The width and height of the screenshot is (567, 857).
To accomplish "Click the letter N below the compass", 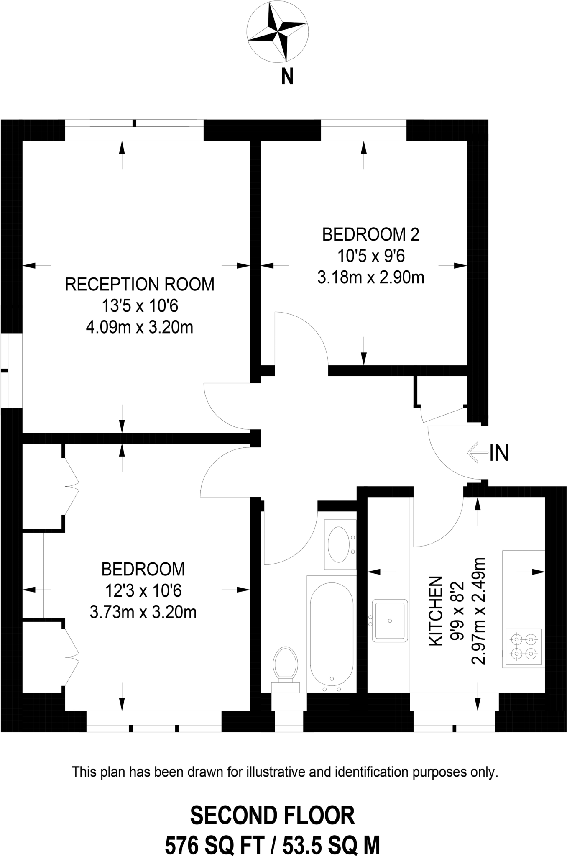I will tap(287, 77).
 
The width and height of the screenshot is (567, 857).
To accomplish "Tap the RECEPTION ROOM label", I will tap(140, 285).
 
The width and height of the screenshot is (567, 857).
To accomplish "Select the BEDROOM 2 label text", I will tap(370, 235).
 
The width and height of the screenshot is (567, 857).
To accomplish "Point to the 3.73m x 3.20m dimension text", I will tap(143, 613).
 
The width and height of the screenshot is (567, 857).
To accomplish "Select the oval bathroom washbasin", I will tap(339, 544).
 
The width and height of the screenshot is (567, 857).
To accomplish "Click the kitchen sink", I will tap(390, 621).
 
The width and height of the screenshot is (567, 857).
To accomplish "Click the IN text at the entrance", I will tap(499, 453).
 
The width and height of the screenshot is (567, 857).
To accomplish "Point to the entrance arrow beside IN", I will tap(477, 453).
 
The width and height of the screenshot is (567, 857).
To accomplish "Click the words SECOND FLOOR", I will tap(273, 816).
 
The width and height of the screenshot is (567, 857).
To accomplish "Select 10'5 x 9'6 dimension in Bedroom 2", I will tap(370, 256).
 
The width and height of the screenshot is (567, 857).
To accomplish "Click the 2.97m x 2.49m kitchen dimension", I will tap(478, 611).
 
